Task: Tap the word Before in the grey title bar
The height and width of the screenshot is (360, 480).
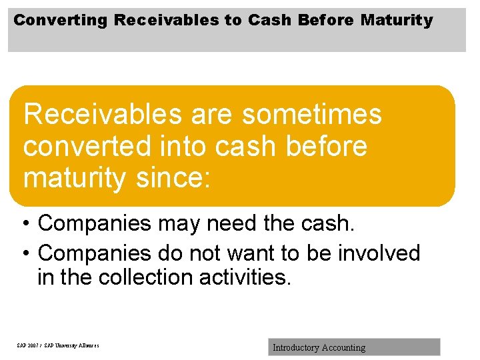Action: [327, 21]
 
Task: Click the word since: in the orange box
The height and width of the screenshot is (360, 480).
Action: [171, 178]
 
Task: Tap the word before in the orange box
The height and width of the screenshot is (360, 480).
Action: [326, 146]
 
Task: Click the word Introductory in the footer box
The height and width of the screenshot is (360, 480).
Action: [295, 347]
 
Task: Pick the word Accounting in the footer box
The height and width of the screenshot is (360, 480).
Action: [343, 347]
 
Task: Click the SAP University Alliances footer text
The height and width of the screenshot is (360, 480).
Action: [58, 346]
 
